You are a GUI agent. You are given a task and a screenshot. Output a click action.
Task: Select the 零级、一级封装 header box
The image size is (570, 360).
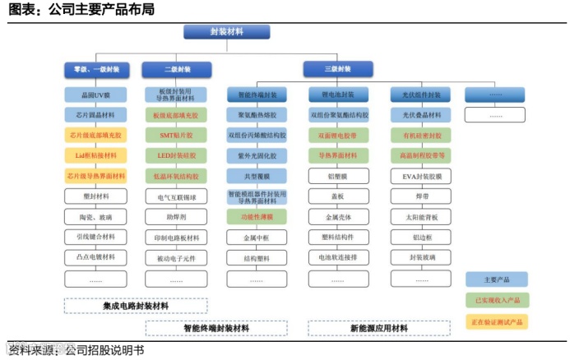click(95, 70)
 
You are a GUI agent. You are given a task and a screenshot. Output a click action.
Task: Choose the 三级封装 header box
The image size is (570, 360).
click(336, 69)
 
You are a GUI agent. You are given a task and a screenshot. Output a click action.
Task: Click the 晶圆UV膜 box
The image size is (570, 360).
click(95, 95)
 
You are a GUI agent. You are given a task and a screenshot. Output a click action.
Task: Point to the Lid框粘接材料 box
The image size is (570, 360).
click(95, 155)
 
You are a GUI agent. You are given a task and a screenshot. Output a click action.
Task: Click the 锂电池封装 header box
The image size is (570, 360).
click(336, 95)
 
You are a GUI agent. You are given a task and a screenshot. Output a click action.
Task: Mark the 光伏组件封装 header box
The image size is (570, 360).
click(421, 95)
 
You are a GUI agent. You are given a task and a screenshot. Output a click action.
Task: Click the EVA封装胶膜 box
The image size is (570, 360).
click(421, 176)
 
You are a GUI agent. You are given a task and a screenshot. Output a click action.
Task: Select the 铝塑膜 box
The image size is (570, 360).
click(336, 176)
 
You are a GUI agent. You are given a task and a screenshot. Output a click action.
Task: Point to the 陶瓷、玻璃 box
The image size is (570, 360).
click(95, 217)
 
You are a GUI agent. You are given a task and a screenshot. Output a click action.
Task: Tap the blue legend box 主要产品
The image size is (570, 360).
click(496, 279)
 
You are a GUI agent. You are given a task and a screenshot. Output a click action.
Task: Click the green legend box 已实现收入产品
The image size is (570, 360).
click(496, 300)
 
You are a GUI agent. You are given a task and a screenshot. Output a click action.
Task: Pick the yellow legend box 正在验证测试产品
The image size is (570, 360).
click(496, 321)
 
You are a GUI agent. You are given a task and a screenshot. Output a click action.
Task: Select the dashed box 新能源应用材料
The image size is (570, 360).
click(378, 328)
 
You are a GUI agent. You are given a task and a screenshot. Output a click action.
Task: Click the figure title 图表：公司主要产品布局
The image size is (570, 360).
click(81, 10)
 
